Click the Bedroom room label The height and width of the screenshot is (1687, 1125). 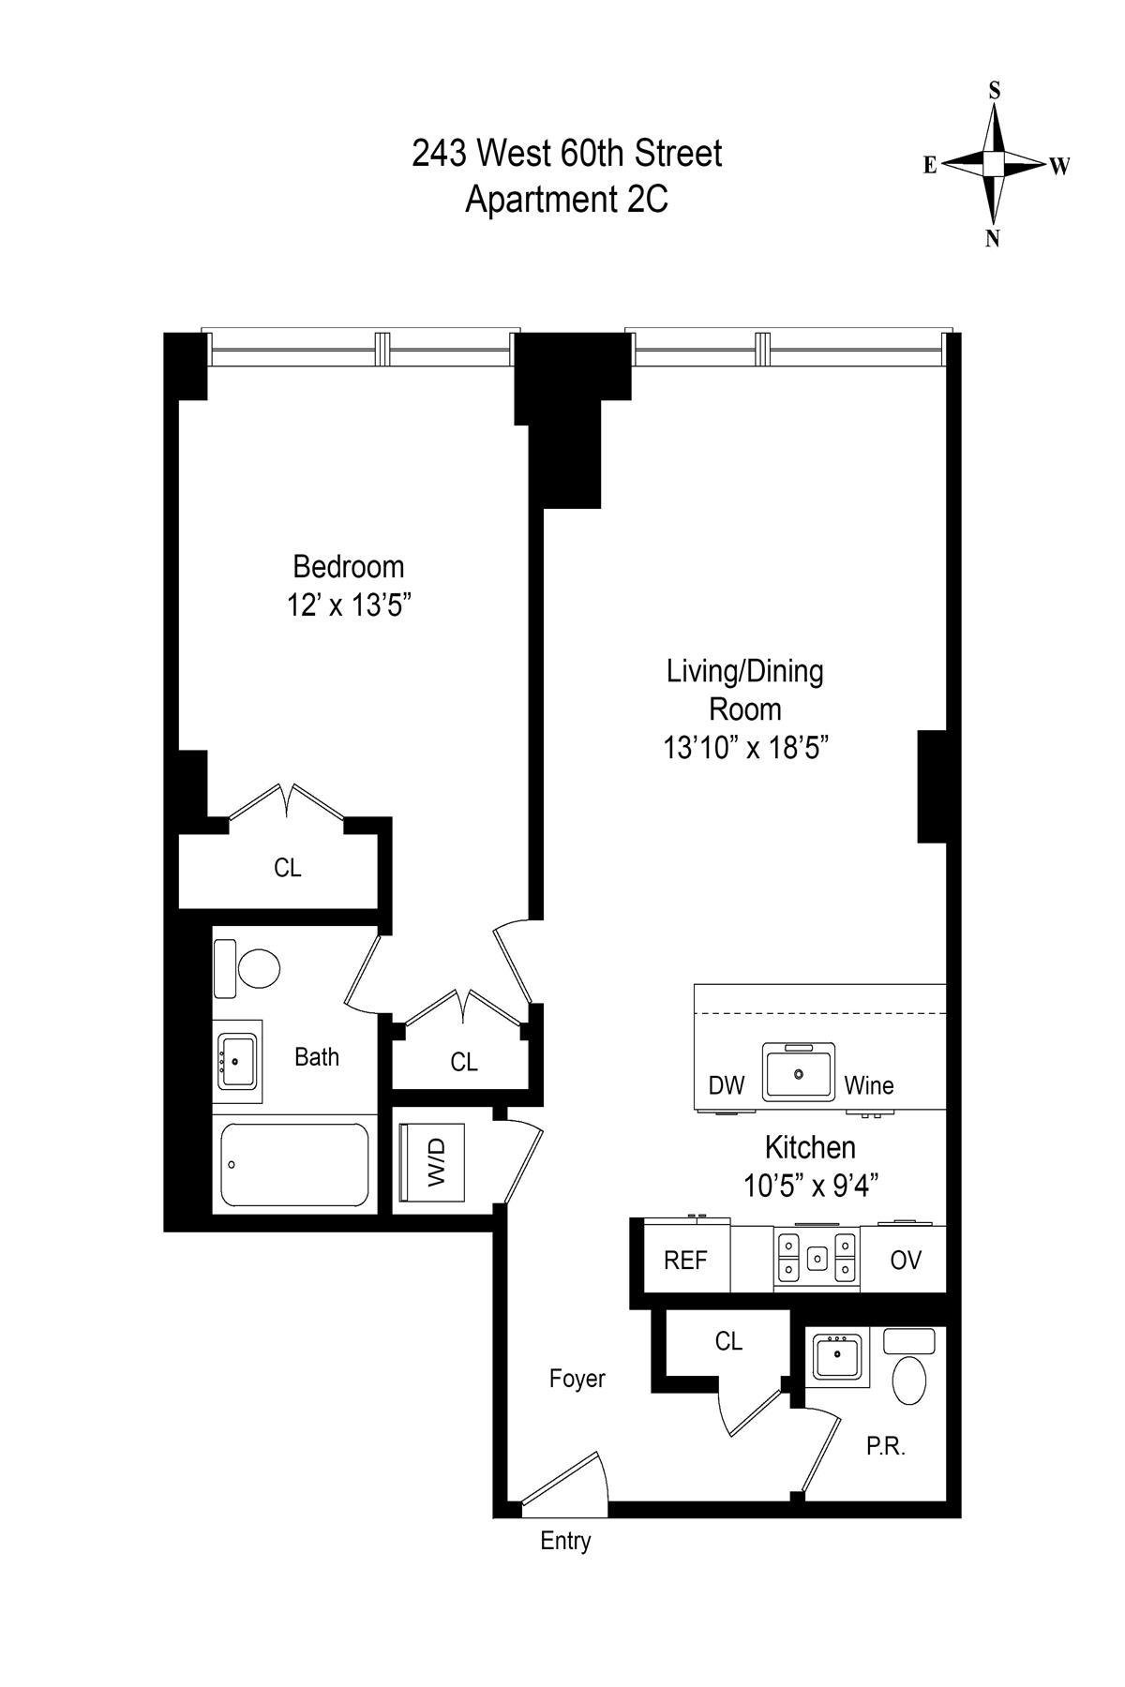(348, 567)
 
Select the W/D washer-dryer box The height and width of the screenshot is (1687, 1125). (433, 1161)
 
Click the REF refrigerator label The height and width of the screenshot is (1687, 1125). (684, 1261)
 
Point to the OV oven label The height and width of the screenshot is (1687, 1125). (905, 1261)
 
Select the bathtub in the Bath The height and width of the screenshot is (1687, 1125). (294, 1165)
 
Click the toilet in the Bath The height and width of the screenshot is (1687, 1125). (258, 969)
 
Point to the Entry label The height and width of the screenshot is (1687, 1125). (565, 1541)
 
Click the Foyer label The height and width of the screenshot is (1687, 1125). (577, 1379)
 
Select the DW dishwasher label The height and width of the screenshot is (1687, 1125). (726, 1086)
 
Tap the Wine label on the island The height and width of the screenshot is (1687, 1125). (868, 1086)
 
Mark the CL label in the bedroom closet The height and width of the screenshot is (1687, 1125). (287, 868)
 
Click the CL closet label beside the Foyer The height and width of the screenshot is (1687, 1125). (728, 1342)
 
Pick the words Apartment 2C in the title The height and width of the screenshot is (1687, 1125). (566, 200)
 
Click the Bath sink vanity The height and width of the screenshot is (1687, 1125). (238, 1061)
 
